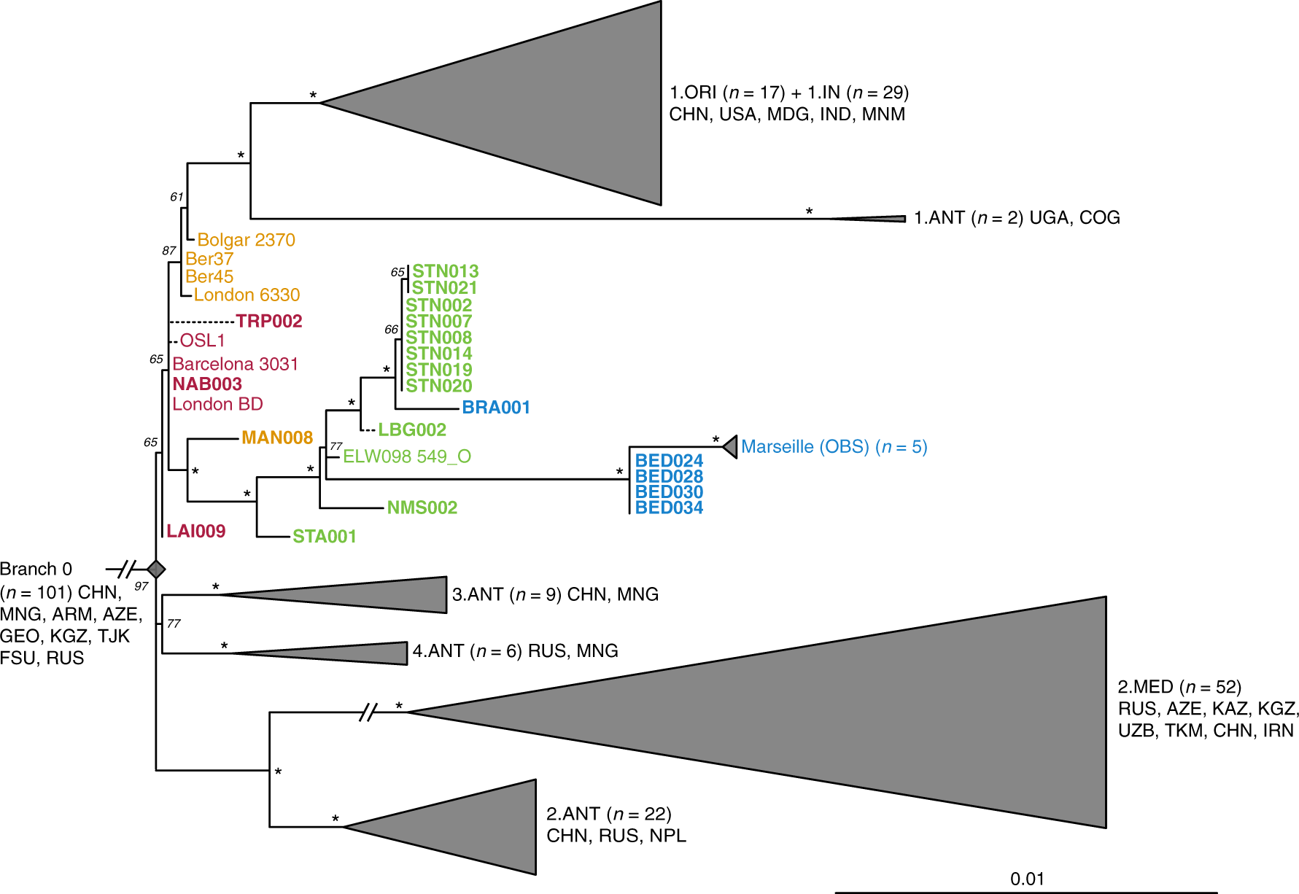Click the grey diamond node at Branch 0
pos(156,569)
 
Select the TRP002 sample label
pos(269,322)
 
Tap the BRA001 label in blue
pos(496,408)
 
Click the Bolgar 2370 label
pos(246,240)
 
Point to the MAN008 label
pos(277,438)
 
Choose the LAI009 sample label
pos(195,532)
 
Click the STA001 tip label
pos(325,537)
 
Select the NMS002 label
pos(422,508)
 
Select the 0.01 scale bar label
pos(1027,879)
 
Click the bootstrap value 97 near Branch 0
pos(141,586)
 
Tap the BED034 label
pos(669,508)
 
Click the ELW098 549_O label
pos(407,456)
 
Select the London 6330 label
pos(247,295)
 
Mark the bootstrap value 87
pos(169,251)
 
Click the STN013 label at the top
pos(445,272)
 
